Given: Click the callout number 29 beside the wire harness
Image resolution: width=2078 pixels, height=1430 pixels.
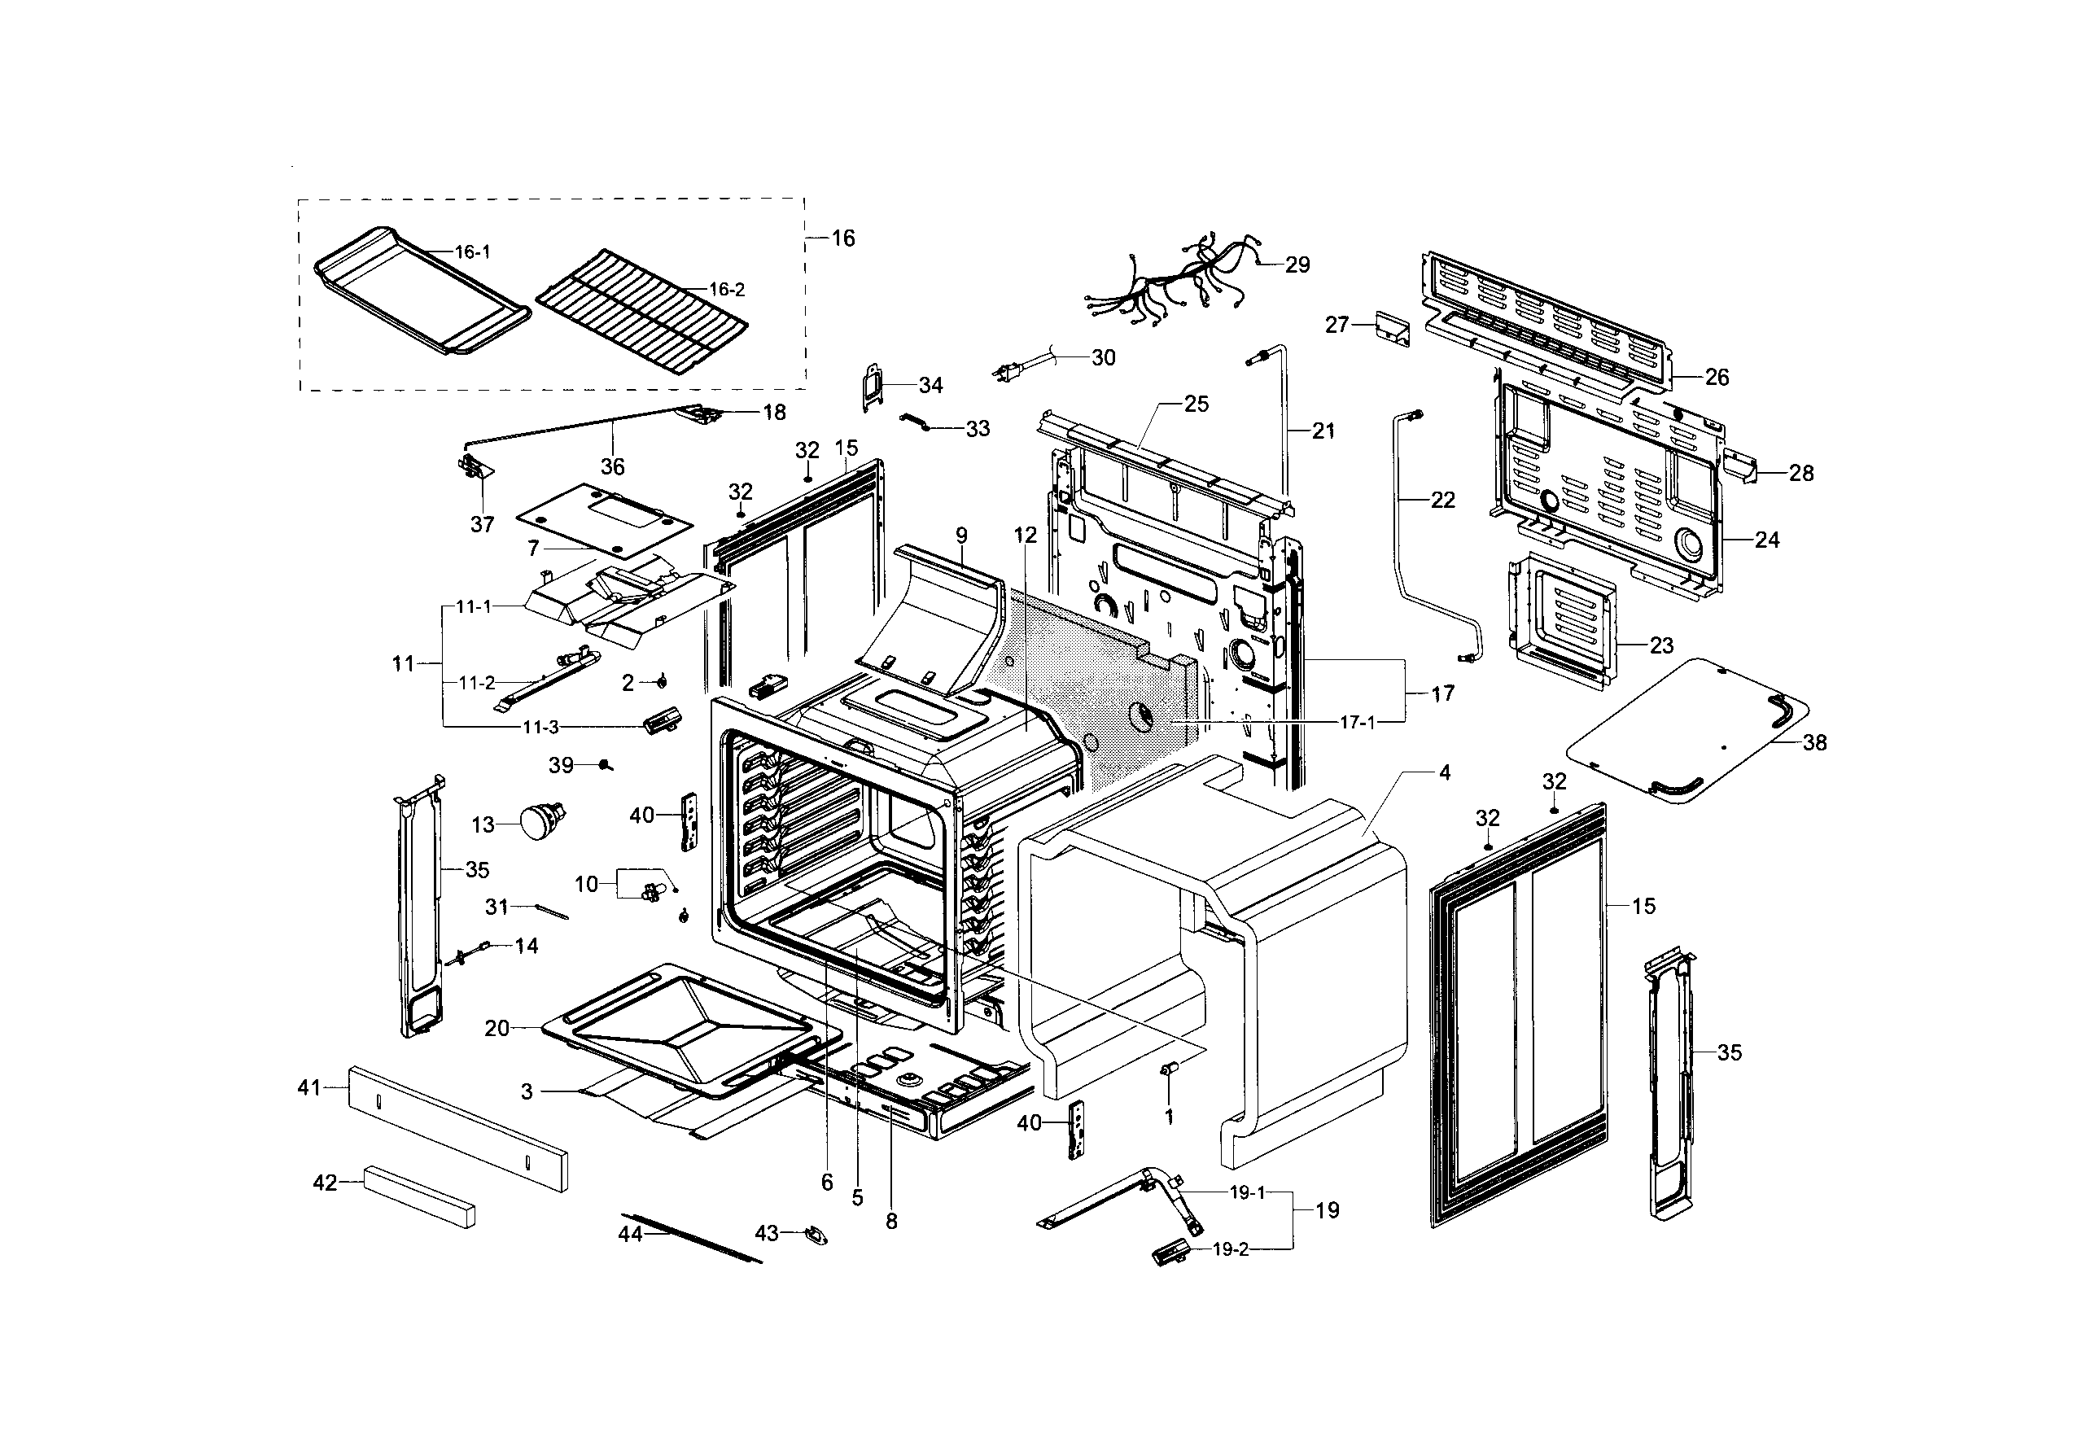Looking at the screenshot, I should pos(1297,265).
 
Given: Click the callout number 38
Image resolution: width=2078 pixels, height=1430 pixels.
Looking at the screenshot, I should pos(1813,743).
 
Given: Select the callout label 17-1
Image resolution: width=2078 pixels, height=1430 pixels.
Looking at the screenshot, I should pos(1358,722).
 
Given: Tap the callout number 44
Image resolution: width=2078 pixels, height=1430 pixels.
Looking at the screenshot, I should pos(630,1235).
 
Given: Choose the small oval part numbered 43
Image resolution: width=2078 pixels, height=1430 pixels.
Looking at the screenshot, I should pos(816,1235).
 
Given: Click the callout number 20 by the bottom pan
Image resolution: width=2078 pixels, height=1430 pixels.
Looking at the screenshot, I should pos(497,1029).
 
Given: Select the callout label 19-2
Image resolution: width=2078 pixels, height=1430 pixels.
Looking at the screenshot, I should pos(1231,1250).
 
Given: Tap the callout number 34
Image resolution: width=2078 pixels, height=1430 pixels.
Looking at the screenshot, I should pos(930,385).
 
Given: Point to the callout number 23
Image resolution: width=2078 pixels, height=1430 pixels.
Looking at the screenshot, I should pos(1661,646).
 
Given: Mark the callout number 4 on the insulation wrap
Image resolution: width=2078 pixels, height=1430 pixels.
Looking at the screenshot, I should pos(1445,772).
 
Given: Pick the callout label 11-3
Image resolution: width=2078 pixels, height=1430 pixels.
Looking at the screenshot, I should pos(540,728).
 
